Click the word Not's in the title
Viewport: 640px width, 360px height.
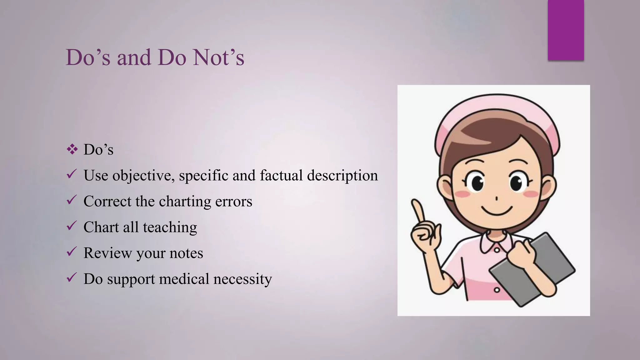pyautogui.click(x=218, y=57)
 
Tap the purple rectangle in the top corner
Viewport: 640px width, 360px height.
pyautogui.click(x=566, y=30)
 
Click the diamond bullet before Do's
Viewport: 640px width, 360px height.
pyautogui.click(x=72, y=150)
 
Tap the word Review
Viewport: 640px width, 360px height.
pyautogui.click(x=107, y=253)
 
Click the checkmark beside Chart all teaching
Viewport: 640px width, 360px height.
pyautogui.click(x=72, y=226)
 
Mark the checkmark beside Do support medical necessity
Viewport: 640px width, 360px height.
pyautogui.click(x=72, y=277)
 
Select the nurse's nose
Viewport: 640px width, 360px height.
pyautogui.click(x=496, y=198)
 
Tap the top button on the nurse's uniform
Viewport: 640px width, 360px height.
pyautogui.click(x=496, y=249)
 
